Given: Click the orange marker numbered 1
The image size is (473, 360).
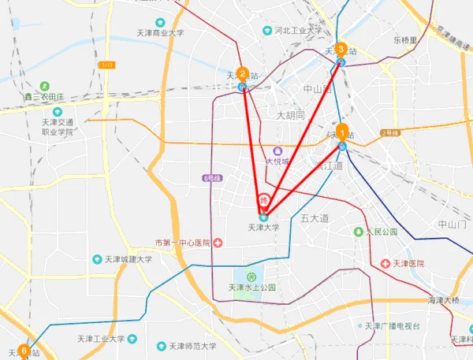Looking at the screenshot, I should tap(342, 131).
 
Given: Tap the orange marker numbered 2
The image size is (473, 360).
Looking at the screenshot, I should tap(243, 74).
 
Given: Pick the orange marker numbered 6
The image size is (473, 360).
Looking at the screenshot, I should tap(24, 350).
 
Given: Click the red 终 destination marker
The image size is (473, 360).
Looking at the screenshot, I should tap(265, 200).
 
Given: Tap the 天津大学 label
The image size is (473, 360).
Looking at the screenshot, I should tap(263, 227).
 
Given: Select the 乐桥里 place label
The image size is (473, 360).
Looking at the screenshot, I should tap(404, 39).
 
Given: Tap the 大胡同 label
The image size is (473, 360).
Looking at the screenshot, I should tap(290, 115).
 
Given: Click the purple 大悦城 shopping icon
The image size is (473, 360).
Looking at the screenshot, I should tap(277, 150).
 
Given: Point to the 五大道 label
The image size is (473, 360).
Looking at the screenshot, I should tap(314, 217).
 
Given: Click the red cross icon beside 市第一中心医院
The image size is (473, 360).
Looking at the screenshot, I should tap(218, 243).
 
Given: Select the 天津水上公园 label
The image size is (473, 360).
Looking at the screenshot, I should tap(251, 288).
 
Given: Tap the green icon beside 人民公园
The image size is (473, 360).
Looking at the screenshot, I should tap(359, 232).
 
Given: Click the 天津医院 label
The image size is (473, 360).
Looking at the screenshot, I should tap(408, 263).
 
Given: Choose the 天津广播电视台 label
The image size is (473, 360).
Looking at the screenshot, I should tap(398, 326).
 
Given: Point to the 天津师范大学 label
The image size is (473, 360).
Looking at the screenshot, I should tap(188, 346).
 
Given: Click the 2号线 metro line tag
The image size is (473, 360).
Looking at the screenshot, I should tap(389, 133).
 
